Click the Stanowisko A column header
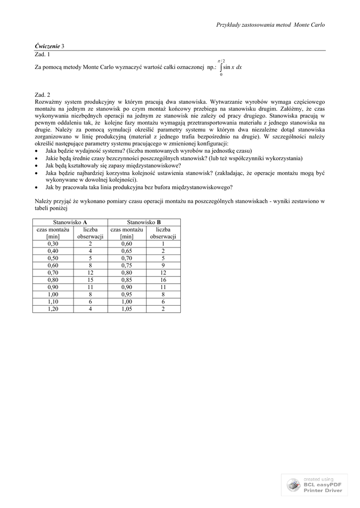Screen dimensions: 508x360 point(70,222)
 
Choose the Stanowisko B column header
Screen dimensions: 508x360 point(144,222)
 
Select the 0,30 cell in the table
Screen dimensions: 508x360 point(52,244)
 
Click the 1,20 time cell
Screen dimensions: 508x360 point(52,309)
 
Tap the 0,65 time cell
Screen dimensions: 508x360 point(127,251)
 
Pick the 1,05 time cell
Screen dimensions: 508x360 point(127,309)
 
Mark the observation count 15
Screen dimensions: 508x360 point(90,280)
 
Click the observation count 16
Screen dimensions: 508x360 point(163,280)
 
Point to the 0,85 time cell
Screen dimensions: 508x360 point(127,280)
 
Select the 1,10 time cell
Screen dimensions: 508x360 point(52,302)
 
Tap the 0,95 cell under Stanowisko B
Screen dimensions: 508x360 point(127,294)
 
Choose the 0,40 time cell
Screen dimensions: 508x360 point(52,251)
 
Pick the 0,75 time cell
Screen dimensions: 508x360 point(127,265)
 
